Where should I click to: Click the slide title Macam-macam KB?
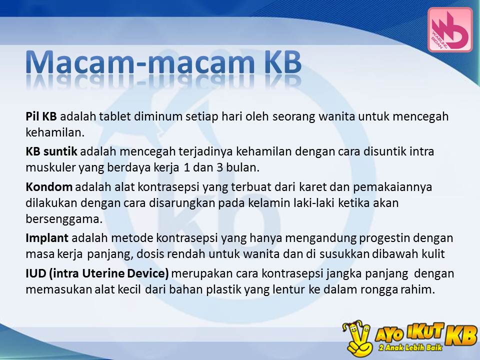point(163,63)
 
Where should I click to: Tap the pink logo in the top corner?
point(449,29)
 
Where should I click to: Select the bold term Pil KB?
point(41,116)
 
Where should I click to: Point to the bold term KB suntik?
point(51,150)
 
